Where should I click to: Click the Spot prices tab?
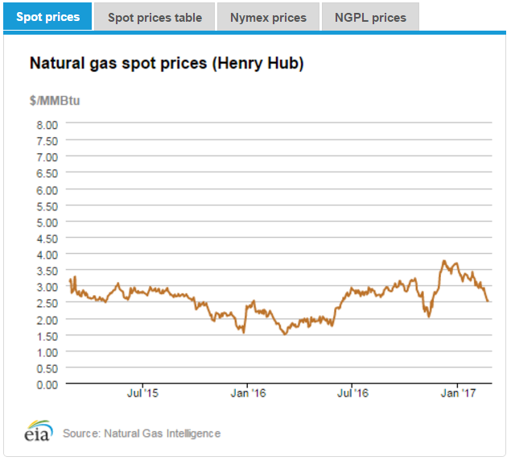coord(48,16)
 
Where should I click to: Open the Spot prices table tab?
coord(155,17)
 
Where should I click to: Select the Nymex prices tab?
coord(268,17)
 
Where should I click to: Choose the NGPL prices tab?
coord(370,17)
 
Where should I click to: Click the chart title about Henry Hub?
coord(167,64)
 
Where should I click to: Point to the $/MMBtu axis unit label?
coord(56,101)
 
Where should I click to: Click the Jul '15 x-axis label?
coord(142,394)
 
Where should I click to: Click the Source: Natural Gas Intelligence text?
coord(142,434)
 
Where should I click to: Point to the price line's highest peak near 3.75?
coord(443,261)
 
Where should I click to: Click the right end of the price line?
coord(488,301)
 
